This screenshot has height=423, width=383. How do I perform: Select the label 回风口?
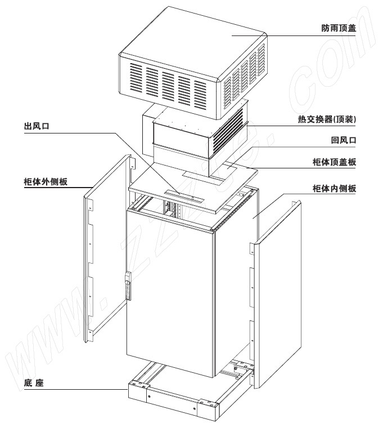pyautogui.click(x=344, y=140)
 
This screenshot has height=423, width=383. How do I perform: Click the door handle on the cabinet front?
pyautogui.click(x=128, y=286)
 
